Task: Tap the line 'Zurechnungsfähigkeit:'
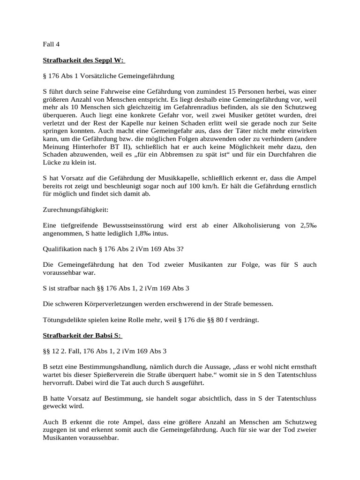click(75, 209)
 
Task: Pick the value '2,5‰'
click(308, 225)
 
